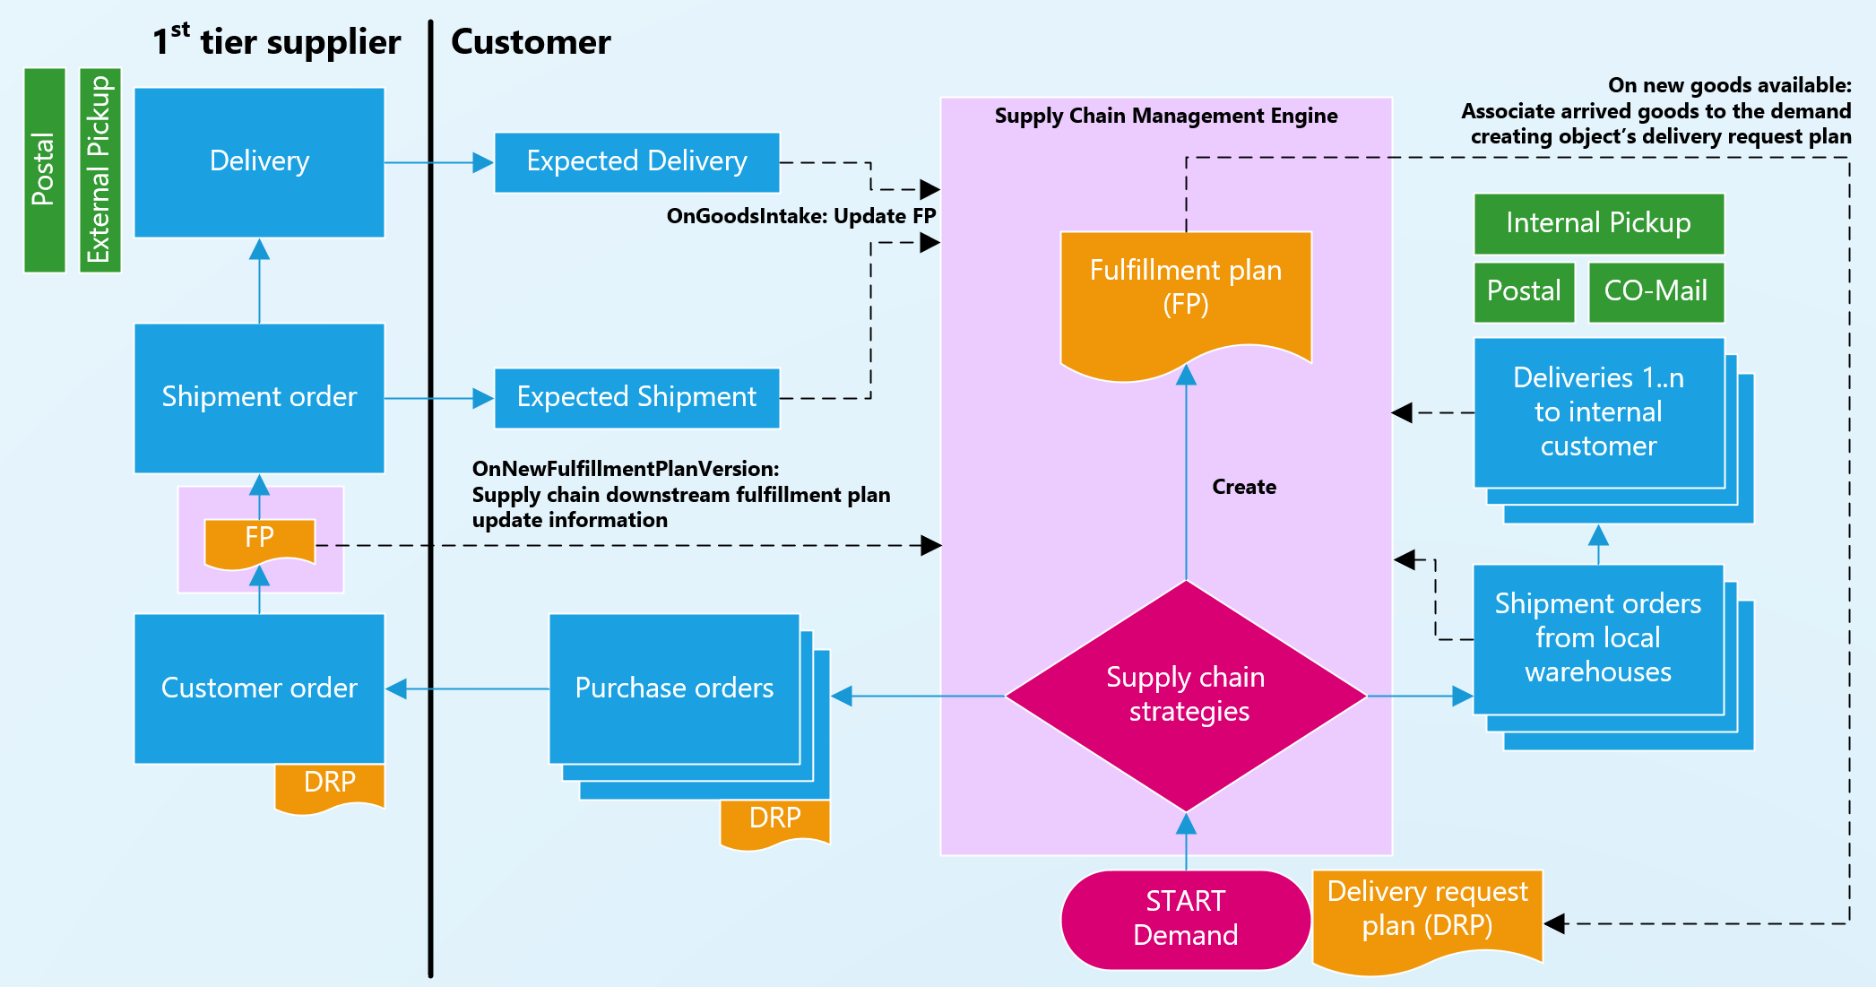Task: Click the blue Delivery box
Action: pyautogui.click(x=259, y=162)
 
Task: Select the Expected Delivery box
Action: pyautogui.click(x=636, y=162)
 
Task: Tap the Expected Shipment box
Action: pyautogui.click(x=636, y=397)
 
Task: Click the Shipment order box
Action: pyautogui.click(x=259, y=397)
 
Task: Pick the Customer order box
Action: pyautogui.click(x=259, y=688)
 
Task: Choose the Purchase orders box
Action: pyautogui.click(x=674, y=688)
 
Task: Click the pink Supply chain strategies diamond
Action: pyautogui.click(x=1186, y=695)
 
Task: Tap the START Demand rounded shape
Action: pyautogui.click(x=1185, y=919)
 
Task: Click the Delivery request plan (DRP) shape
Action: pyautogui.click(x=1427, y=914)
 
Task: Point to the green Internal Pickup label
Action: pyautogui.click(x=1598, y=223)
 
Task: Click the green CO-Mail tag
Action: pyautogui.click(x=1656, y=291)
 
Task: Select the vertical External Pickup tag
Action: pyautogui.click(x=99, y=169)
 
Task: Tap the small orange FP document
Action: pyautogui.click(x=260, y=541)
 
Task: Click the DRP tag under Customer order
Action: pyautogui.click(x=330, y=785)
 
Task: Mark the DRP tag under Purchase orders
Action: pyautogui.click(x=774, y=821)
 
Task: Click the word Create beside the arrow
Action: pyautogui.click(x=1244, y=487)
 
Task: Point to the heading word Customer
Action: pyautogui.click(x=531, y=42)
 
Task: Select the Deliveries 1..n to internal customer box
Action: pyautogui.click(x=1598, y=412)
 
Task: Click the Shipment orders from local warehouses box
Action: pyautogui.click(x=1598, y=638)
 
